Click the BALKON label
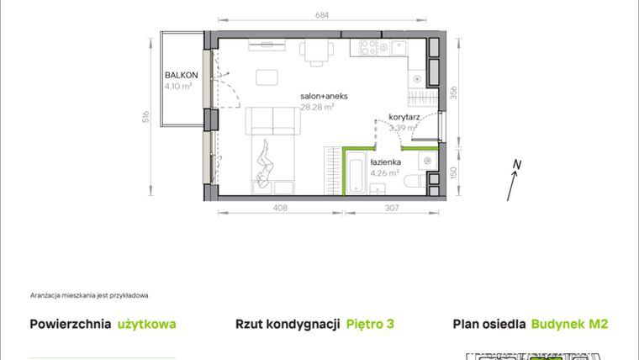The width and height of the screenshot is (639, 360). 181,73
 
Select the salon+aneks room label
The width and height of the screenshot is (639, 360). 324,96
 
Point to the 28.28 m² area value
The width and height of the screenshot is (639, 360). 318,107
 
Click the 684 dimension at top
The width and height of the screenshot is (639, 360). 323,14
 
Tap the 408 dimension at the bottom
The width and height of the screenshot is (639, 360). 281,207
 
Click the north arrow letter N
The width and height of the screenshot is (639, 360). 518,165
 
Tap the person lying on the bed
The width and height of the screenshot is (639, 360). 266,164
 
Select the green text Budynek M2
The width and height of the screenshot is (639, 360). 569,324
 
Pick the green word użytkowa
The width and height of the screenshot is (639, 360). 147,324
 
